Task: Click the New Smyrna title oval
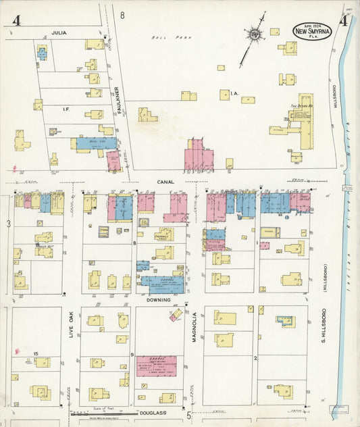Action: (x=312, y=31)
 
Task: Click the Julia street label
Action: (x=59, y=32)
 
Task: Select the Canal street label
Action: (x=166, y=181)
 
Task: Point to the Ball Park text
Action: (x=163, y=38)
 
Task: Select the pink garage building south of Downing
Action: (x=156, y=366)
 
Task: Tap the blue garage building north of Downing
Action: (x=161, y=283)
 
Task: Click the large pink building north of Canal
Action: (x=199, y=156)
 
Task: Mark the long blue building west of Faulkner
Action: (x=96, y=143)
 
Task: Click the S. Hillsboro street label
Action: (x=324, y=323)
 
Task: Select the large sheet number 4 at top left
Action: (x=15, y=21)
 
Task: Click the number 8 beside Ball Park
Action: (x=122, y=15)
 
